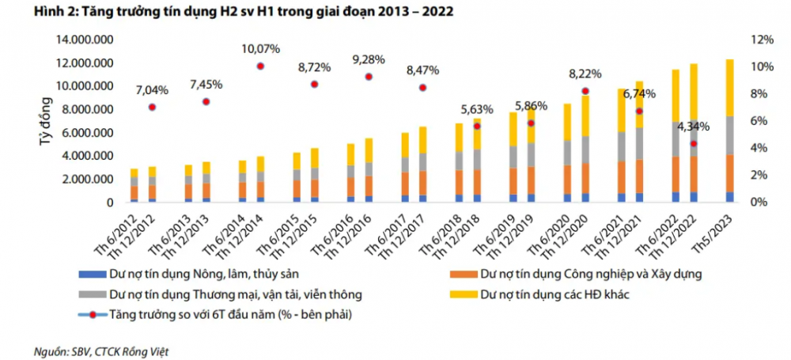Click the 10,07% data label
260,48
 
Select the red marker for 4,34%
694,143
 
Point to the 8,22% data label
585,74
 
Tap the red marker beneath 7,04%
152,107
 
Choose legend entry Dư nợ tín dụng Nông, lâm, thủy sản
198,275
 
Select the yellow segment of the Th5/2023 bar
729,88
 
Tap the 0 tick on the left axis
112,203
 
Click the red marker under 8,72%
314,84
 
